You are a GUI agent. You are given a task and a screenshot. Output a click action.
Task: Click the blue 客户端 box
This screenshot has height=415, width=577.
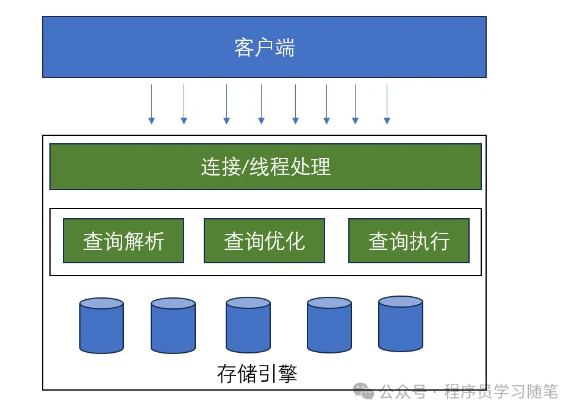click(264, 47)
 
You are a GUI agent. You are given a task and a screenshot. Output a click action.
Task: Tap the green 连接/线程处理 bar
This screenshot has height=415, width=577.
click(265, 166)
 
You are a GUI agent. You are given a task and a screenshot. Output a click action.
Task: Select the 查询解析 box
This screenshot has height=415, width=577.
click(123, 241)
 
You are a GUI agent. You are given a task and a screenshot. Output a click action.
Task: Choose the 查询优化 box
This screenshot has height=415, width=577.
click(264, 241)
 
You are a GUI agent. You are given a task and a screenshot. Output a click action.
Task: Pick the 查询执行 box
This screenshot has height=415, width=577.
click(409, 241)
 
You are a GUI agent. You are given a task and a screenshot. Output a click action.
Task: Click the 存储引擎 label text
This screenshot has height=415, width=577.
click(257, 374)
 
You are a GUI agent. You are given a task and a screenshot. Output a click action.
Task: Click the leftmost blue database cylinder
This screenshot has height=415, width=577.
click(101, 325)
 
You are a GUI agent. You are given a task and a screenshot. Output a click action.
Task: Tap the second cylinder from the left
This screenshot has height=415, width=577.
click(173, 325)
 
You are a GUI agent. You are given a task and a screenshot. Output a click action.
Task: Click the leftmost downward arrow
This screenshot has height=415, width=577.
click(152, 104)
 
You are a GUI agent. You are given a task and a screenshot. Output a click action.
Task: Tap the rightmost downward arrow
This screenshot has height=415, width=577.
click(387, 104)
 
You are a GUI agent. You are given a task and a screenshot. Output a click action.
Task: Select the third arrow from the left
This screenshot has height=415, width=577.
click(226, 104)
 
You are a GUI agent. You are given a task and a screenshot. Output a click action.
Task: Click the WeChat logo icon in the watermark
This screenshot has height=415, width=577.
click(365, 391)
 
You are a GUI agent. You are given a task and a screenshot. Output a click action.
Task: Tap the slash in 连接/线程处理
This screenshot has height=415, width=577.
click(246, 167)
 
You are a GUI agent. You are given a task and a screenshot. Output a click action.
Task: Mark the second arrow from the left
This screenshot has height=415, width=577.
click(184, 104)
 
